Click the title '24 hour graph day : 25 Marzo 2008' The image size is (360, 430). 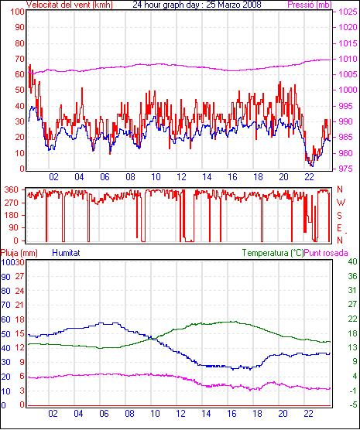point(197,5)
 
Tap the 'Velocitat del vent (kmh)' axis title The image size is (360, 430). point(70,5)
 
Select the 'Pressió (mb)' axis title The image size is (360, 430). point(310,5)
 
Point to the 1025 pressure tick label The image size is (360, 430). point(348,12)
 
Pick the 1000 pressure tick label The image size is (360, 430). point(348,90)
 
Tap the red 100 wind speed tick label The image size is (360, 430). point(17,12)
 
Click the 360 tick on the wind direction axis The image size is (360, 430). point(12,189)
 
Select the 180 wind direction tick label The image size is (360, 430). point(12,215)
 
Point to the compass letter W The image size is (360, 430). point(341,203)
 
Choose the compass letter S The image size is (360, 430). point(340,216)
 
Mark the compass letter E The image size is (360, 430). point(339,228)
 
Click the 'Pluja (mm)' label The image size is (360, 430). point(19,253)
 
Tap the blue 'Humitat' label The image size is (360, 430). point(66,253)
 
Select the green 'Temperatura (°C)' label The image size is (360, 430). point(273,253)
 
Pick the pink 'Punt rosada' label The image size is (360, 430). point(326,253)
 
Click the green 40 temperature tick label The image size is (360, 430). point(352,261)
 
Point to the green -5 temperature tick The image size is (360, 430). point(353,404)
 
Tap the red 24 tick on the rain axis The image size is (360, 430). point(20,291)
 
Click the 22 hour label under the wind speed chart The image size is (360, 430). point(309,177)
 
